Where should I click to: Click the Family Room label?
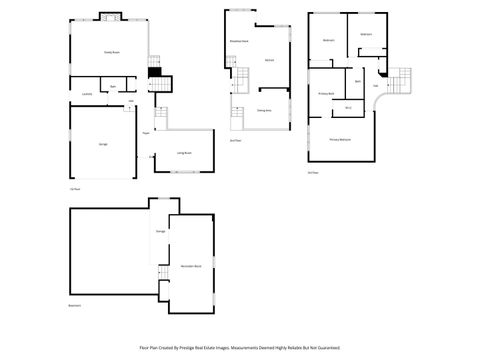tap(112, 51)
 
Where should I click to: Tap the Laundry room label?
tap(88, 94)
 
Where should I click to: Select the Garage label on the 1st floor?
tap(104, 144)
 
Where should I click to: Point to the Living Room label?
tap(184, 153)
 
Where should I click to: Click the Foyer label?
tap(146, 132)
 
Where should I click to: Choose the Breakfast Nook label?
tap(240, 41)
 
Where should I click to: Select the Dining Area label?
tap(264, 110)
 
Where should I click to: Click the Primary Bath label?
tap(326, 93)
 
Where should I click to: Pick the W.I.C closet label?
tap(349, 107)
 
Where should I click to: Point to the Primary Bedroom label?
tap(341, 140)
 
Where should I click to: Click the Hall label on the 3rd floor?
tap(375, 85)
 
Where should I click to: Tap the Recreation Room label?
tap(190, 265)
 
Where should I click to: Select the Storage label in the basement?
tap(160, 231)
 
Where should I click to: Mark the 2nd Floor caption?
tap(235, 140)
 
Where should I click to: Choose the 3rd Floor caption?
tap(313, 172)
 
